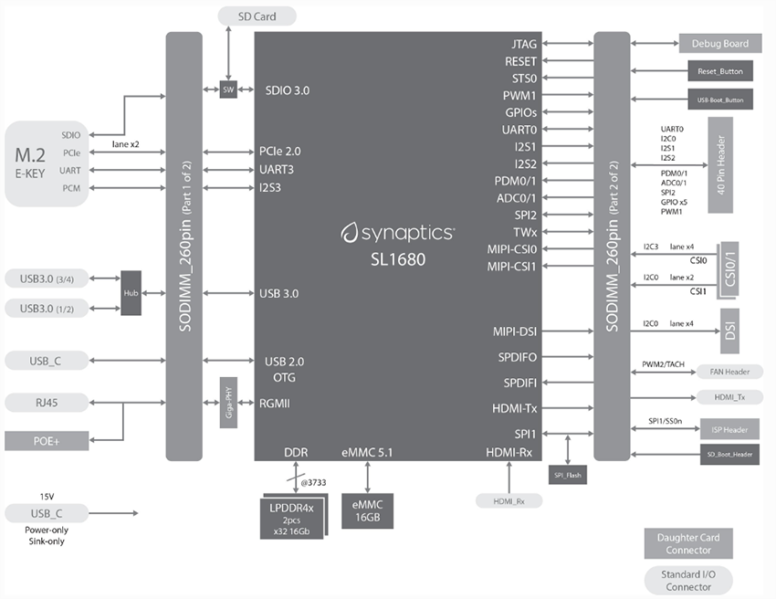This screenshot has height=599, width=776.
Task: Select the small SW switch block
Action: click(227, 89)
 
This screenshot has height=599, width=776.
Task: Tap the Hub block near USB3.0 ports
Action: click(131, 293)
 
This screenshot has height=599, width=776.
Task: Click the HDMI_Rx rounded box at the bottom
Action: click(509, 499)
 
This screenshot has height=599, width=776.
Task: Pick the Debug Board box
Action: click(718, 43)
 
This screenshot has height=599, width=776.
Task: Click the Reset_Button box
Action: click(720, 70)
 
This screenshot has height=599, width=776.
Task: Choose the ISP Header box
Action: click(728, 428)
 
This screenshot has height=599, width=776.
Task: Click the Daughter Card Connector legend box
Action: click(688, 543)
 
